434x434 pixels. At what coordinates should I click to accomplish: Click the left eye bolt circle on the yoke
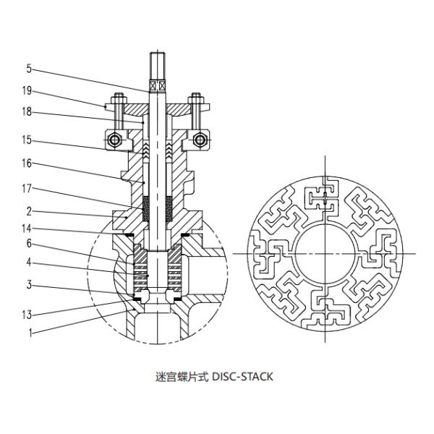(112, 138)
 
